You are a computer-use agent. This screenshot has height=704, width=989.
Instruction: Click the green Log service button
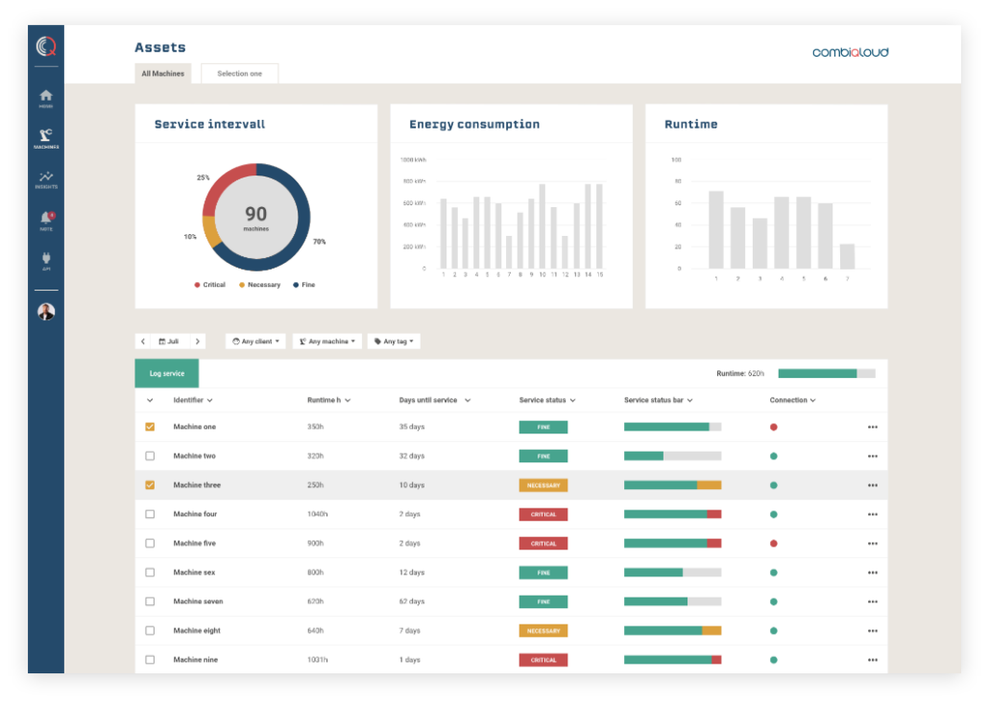coord(167,373)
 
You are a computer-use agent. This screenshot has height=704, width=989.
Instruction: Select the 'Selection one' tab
coord(239,74)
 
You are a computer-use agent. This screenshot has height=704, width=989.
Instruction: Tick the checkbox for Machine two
coord(150,457)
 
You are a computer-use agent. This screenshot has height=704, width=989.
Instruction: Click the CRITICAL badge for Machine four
coord(543,514)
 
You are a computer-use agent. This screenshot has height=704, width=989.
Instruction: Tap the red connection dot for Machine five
coord(773,543)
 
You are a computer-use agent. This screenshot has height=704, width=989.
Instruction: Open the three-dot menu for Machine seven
coord(872,601)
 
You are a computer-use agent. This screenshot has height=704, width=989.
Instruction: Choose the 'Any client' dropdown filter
coord(255,341)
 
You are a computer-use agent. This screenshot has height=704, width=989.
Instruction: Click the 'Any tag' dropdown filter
coord(394,341)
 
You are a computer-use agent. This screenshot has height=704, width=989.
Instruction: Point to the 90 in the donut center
coord(255,214)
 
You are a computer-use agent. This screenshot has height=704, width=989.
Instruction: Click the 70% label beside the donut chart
coord(319,242)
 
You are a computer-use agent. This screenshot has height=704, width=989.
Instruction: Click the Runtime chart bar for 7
coord(847,256)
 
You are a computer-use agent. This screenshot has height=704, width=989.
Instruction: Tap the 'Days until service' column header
coord(428,400)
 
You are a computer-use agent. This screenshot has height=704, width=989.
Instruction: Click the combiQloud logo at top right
coord(850,52)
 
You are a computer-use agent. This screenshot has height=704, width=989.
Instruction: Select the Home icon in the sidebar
coord(46,96)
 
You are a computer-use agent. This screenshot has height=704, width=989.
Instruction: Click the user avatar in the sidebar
coord(46,312)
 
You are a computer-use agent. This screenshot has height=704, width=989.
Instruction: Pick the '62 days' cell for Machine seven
coord(412,601)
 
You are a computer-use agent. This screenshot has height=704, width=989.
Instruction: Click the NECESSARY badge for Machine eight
coord(543,630)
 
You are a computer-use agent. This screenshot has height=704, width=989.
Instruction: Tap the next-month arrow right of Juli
coord(197,341)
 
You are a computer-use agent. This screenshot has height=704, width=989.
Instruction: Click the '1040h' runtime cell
coord(317,514)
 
